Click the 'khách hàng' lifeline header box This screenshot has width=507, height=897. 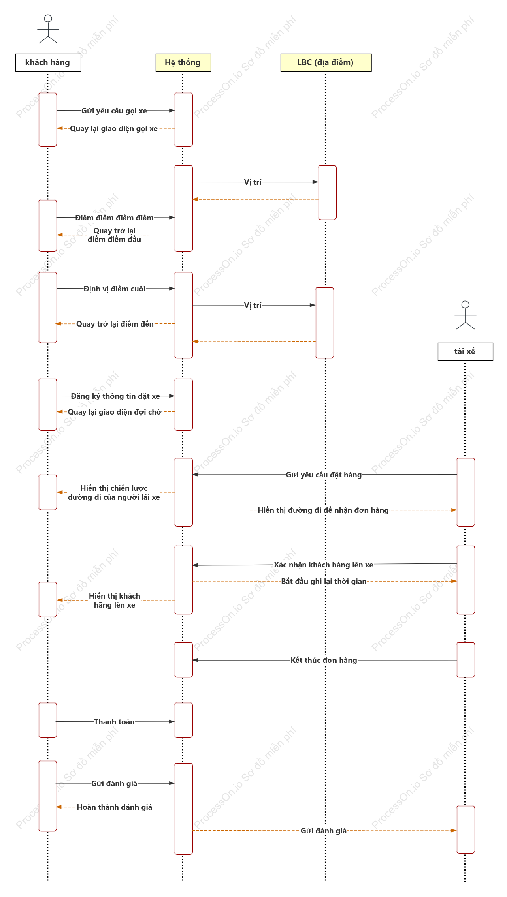[x=48, y=63]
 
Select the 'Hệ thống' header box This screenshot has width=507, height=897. [x=183, y=63]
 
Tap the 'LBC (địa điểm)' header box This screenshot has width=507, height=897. [x=326, y=63]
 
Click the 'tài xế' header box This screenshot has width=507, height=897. [x=466, y=352]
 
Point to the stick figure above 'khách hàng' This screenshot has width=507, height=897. [x=48, y=29]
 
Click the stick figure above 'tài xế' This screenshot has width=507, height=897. [x=466, y=315]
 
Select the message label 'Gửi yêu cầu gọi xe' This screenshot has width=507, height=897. [x=114, y=111]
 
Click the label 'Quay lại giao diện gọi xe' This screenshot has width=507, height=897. [x=114, y=129]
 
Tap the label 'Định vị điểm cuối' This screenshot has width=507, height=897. [x=115, y=289]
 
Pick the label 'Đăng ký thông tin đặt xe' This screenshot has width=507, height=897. [x=115, y=396]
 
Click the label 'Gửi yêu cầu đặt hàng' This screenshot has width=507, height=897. [x=324, y=475]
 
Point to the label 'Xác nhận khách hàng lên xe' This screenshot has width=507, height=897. [x=324, y=565]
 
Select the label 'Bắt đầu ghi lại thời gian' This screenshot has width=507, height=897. [x=324, y=582]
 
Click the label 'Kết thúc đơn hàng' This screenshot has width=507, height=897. [x=324, y=661]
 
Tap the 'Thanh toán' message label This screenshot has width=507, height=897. [x=114, y=722]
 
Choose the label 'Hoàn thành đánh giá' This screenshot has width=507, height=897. [x=115, y=807]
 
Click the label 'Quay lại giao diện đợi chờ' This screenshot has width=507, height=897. [x=115, y=412]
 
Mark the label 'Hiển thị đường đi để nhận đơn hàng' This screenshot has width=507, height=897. [x=324, y=510]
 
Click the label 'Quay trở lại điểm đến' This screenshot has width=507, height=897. [x=115, y=324]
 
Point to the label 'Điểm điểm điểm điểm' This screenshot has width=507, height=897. [x=115, y=218]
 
